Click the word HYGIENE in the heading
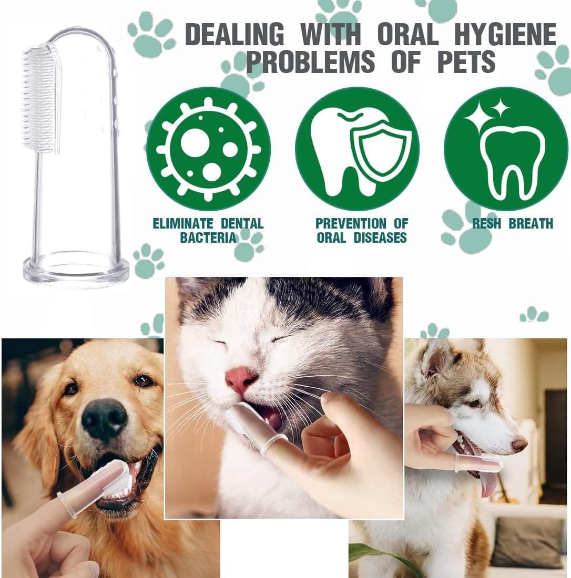coord(505,34)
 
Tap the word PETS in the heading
coord(466,61)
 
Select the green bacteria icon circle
coord(208,149)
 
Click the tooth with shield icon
coord(357,149)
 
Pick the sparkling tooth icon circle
coord(506,149)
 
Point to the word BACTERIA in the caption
coord(208,238)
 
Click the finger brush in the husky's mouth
coord(478,462)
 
